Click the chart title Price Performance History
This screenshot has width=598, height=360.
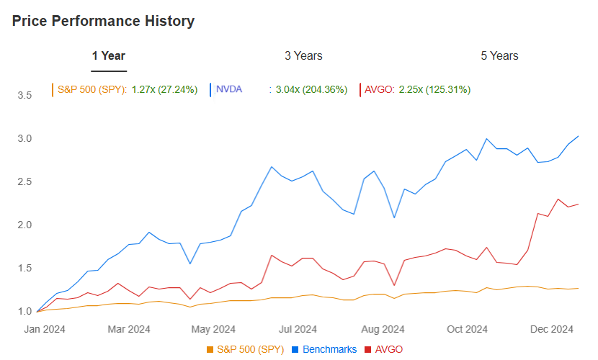(103, 21)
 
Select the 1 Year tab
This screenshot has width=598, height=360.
(108, 55)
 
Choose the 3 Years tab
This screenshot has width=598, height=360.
(303, 55)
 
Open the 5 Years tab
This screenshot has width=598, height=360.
(499, 55)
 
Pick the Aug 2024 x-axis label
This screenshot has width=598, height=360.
(383, 330)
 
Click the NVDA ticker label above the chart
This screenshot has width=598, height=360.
(229, 89)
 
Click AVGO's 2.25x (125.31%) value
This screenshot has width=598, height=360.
(434, 89)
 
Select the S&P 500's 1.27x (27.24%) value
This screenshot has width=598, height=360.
(164, 89)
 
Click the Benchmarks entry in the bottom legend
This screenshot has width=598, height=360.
(329, 349)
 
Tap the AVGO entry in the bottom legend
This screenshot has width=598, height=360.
(388, 349)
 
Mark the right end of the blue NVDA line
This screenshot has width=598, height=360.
(579, 136)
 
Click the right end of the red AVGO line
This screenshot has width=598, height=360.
(579, 204)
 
